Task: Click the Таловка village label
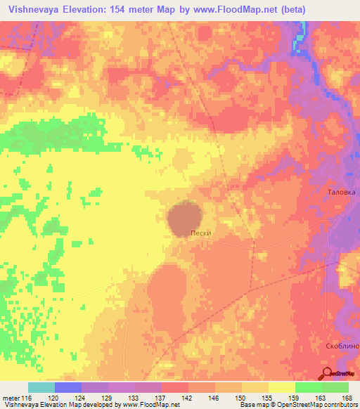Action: [x=342, y=191]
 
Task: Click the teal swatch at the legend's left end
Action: [x=41, y=387]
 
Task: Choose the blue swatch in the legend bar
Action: [x=68, y=387]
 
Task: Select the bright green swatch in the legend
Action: [x=308, y=387]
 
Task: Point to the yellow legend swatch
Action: [x=281, y=387]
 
